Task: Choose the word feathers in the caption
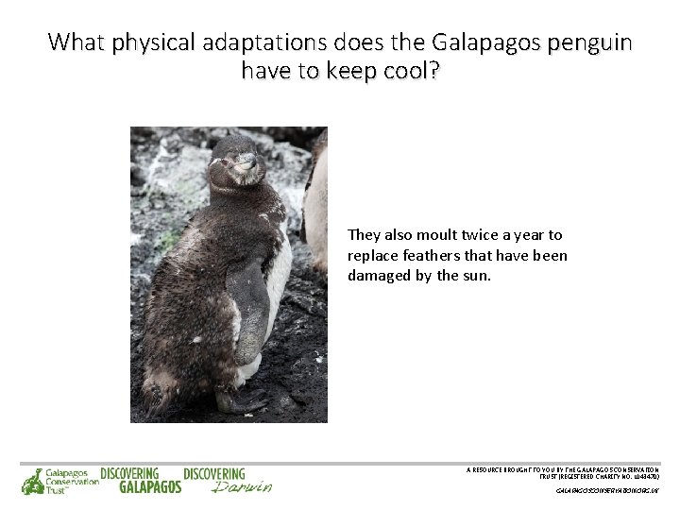point(433,256)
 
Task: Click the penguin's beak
point(246,161)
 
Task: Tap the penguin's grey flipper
point(247,312)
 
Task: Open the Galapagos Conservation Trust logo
point(59,481)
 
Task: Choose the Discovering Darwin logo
point(227,481)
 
